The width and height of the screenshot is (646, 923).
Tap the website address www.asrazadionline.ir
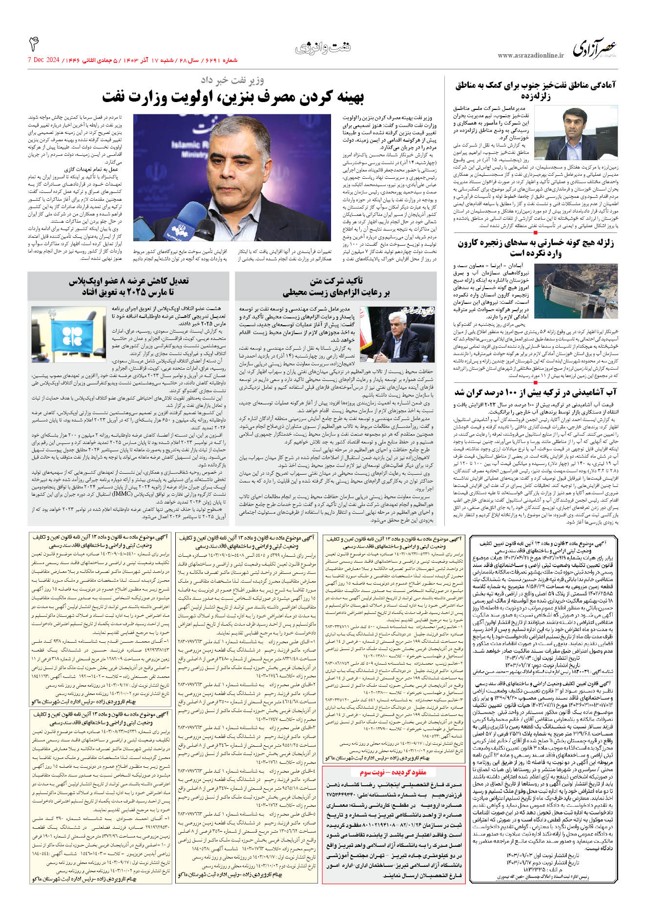tap(530, 56)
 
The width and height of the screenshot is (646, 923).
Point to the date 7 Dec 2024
tap(43, 60)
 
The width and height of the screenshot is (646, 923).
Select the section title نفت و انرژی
tap(323, 48)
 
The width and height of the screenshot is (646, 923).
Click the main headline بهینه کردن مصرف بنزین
tap(233, 97)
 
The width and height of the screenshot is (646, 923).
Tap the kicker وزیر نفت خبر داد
tap(232, 80)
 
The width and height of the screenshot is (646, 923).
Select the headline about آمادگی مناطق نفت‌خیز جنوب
tap(536, 90)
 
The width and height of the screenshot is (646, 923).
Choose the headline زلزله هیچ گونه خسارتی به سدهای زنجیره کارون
tap(536, 248)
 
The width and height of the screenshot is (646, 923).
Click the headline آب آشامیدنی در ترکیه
tap(536, 393)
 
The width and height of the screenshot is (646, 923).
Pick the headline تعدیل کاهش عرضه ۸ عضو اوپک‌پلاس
tap(128, 287)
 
